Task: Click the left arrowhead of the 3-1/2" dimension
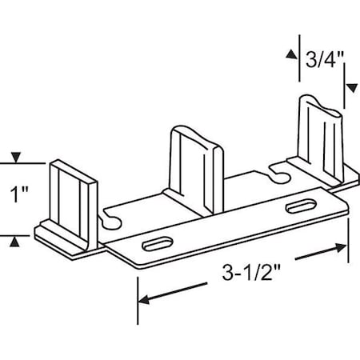[x=144, y=301]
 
